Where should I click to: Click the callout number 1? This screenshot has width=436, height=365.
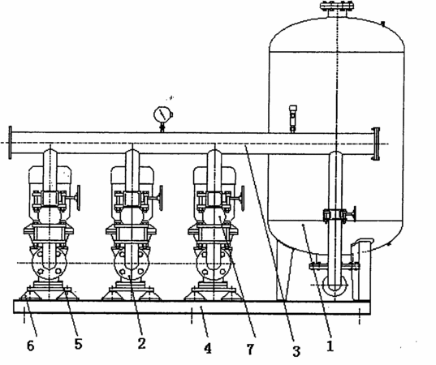pyautogui.click(x=330, y=346)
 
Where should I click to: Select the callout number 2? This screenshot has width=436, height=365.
pyautogui.click(x=141, y=343)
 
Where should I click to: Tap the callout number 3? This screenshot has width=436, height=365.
pyautogui.click(x=296, y=351)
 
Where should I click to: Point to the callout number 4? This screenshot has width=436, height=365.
pyautogui.click(x=208, y=348)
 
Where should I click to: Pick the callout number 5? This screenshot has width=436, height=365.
pyautogui.click(x=79, y=344)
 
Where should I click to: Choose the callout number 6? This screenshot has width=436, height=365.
pyautogui.click(x=31, y=346)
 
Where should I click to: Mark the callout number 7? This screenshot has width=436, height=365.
pyautogui.click(x=250, y=349)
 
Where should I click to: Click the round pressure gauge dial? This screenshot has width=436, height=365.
pyautogui.click(x=162, y=114)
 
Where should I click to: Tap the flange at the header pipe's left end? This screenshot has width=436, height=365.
pyautogui.click(x=11, y=143)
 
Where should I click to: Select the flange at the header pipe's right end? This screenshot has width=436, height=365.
pyautogui.click(x=376, y=144)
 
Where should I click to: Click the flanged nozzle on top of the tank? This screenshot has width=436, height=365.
pyautogui.click(x=337, y=9)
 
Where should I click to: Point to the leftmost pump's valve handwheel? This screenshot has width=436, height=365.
pyautogui.click(x=79, y=197)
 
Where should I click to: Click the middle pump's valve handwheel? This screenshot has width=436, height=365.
pyautogui.click(x=161, y=197)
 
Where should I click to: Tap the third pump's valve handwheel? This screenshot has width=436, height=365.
pyautogui.click(x=243, y=197)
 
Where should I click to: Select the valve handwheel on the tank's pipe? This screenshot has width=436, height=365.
pyautogui.click(x=354, y=214)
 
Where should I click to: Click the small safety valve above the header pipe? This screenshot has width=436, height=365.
pyautogui.click(x=293, y=118)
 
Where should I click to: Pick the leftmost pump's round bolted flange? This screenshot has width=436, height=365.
pyautogui.click(x=50, y=264)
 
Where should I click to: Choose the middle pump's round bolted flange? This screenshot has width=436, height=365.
pyautogui.click(x=132, y=264)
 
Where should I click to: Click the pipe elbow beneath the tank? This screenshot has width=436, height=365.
pyautogui.click(x=335, y=287)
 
